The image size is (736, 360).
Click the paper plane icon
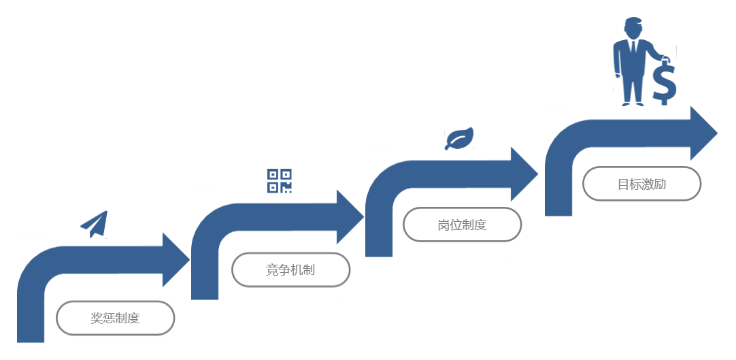[x=95, y=224]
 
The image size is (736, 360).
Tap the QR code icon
[x=279, y=181]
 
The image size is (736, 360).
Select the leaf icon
[x=458, y=138]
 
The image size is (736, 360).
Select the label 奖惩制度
[x=116, y=318]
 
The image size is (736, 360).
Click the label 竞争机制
[x=290, y=269]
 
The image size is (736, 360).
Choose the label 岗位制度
[x=463, y=225]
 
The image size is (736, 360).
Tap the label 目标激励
[x=641, y=184]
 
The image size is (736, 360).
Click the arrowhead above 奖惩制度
[x=175, y=259]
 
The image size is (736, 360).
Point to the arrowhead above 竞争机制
[x=350, y=216]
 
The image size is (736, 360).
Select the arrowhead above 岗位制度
[x=524, y=174]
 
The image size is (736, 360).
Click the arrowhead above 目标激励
[x=704, y=133]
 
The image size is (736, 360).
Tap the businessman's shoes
[x=633, y=103]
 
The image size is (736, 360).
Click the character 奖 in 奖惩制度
[x=97, y=318]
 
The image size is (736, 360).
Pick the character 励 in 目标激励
[x=660, y=184]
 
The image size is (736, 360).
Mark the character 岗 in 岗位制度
[x=444, y=225]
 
